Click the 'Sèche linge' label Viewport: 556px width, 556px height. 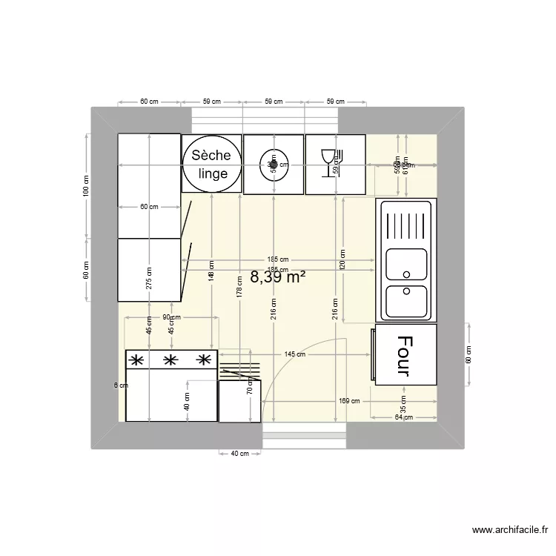211,164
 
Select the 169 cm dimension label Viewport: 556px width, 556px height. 349,401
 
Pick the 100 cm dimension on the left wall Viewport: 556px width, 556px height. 86,185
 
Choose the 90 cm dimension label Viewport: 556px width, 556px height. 171,317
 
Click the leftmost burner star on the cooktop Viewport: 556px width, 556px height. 136,361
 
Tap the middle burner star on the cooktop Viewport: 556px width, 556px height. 170,361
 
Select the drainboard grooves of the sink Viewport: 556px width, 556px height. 406,224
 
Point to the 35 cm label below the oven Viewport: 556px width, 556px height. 403,407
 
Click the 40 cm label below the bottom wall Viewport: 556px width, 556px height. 240,454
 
